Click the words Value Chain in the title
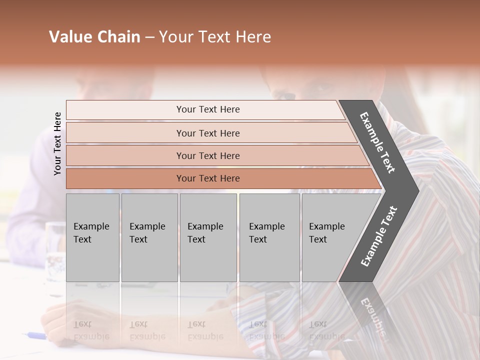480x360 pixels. [94, 37]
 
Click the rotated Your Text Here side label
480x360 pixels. [57, 143]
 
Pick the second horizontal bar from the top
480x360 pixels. [208, 133]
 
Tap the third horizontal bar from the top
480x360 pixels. [208, 155]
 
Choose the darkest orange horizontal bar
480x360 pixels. [208, 178]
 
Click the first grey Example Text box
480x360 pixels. [92, 237]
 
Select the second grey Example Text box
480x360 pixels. [149, 237]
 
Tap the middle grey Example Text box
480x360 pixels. [208, 237]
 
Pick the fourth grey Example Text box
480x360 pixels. [269, 237]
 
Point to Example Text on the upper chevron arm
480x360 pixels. [378, 142]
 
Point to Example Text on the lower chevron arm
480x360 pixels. [379, 236]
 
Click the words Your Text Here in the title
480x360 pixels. [215, 37]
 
